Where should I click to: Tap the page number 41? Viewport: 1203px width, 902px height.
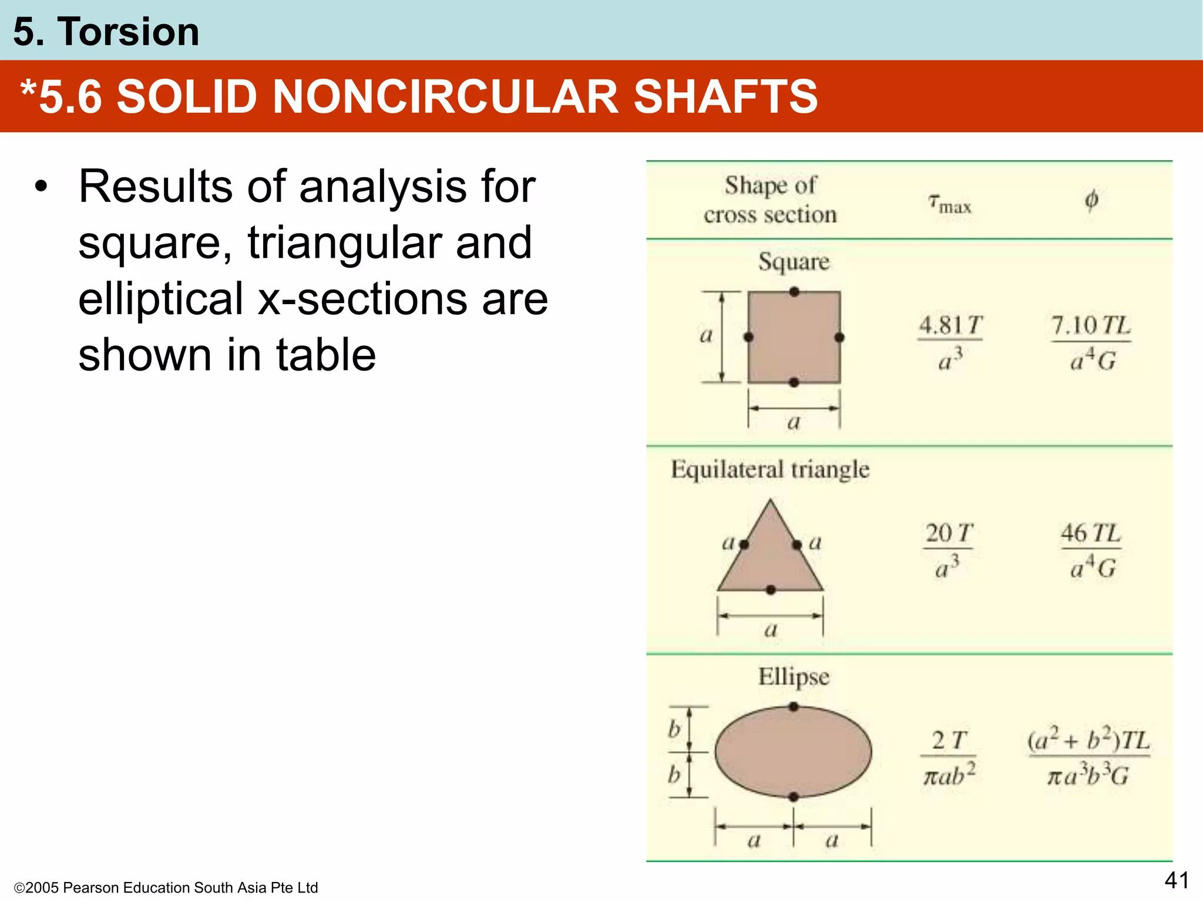1177,880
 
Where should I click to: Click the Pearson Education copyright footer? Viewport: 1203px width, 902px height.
166,887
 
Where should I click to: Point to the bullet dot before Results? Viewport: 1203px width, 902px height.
40,187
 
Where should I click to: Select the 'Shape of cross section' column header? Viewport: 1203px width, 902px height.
770,200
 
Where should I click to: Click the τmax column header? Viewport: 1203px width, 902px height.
949,203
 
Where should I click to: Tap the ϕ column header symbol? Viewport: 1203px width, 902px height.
1091,200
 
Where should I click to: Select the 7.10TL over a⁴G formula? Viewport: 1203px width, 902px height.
1091,342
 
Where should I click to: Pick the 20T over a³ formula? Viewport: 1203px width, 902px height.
948,550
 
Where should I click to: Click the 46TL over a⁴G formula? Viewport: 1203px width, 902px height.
1091,550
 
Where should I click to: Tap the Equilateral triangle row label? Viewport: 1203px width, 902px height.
770,469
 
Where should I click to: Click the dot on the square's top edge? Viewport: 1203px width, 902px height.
794,292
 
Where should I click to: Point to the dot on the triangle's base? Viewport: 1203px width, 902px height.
771,590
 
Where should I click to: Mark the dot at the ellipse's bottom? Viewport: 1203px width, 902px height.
794,797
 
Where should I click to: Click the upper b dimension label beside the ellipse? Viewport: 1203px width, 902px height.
674,729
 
